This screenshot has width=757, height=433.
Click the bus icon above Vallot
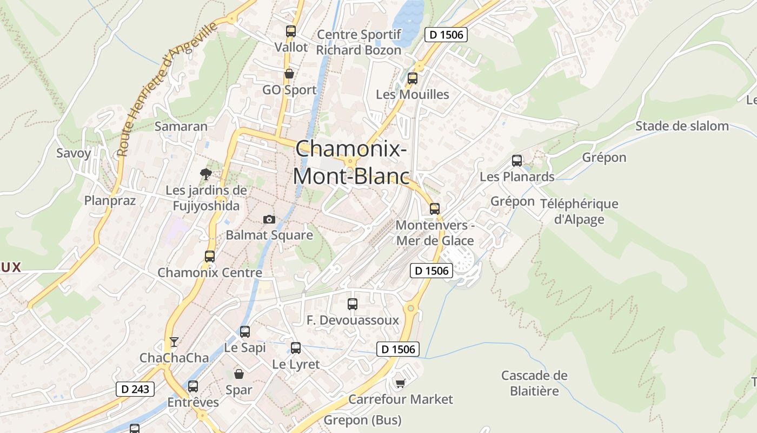291,31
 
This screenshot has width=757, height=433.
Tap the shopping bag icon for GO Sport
289,74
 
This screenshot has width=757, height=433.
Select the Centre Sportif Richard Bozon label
359,43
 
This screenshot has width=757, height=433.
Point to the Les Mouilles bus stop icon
413,78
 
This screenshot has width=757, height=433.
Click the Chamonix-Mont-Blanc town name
351,162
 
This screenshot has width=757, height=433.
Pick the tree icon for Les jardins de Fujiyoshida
205,174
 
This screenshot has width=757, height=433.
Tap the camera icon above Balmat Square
269,219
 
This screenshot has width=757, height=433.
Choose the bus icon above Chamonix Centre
210,257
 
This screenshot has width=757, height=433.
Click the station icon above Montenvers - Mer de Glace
435,209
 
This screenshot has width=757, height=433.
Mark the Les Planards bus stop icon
517,161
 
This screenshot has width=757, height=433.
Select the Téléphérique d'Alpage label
579,212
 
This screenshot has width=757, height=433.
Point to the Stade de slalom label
682,126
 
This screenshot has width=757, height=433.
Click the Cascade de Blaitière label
534,383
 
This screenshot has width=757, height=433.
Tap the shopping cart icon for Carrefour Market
400,383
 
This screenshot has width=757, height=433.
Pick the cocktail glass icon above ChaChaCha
174,342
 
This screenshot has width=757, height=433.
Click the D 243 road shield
135,389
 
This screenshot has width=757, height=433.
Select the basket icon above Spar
239,374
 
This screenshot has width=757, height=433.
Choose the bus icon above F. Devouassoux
353,304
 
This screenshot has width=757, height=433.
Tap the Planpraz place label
110,201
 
